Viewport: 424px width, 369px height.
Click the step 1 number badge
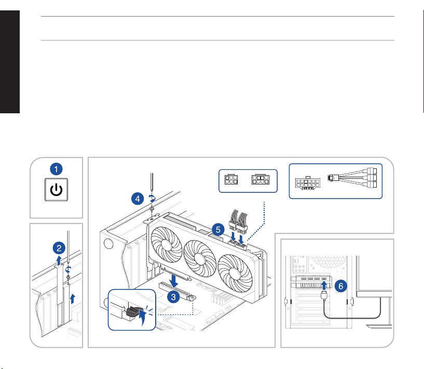click(56, 169)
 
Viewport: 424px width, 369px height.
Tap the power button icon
click(56, 190)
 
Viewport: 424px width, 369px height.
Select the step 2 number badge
click(59, 248)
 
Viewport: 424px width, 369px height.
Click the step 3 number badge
click(173, 297)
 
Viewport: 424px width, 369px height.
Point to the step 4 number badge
click(138, 199)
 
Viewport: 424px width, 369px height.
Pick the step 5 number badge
click(218, 230)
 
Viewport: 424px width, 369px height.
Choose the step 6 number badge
click(341, 286)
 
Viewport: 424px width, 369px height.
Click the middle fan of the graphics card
click(200, 258)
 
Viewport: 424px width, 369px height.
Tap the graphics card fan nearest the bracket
click(166, 244)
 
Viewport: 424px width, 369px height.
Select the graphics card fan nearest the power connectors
click(235, 273)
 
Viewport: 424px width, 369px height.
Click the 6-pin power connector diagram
click(231, 179)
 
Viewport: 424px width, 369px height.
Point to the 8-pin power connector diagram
click(261, 179)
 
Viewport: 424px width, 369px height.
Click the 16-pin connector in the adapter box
click(308, 183)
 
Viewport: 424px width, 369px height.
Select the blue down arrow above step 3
click(173, 281)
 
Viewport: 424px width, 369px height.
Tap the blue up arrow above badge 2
click(59, 260)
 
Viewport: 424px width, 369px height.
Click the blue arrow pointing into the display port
click(324, 286)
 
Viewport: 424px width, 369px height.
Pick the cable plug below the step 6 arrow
click(324, 295)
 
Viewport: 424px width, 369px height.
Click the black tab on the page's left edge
click(10, 62)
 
